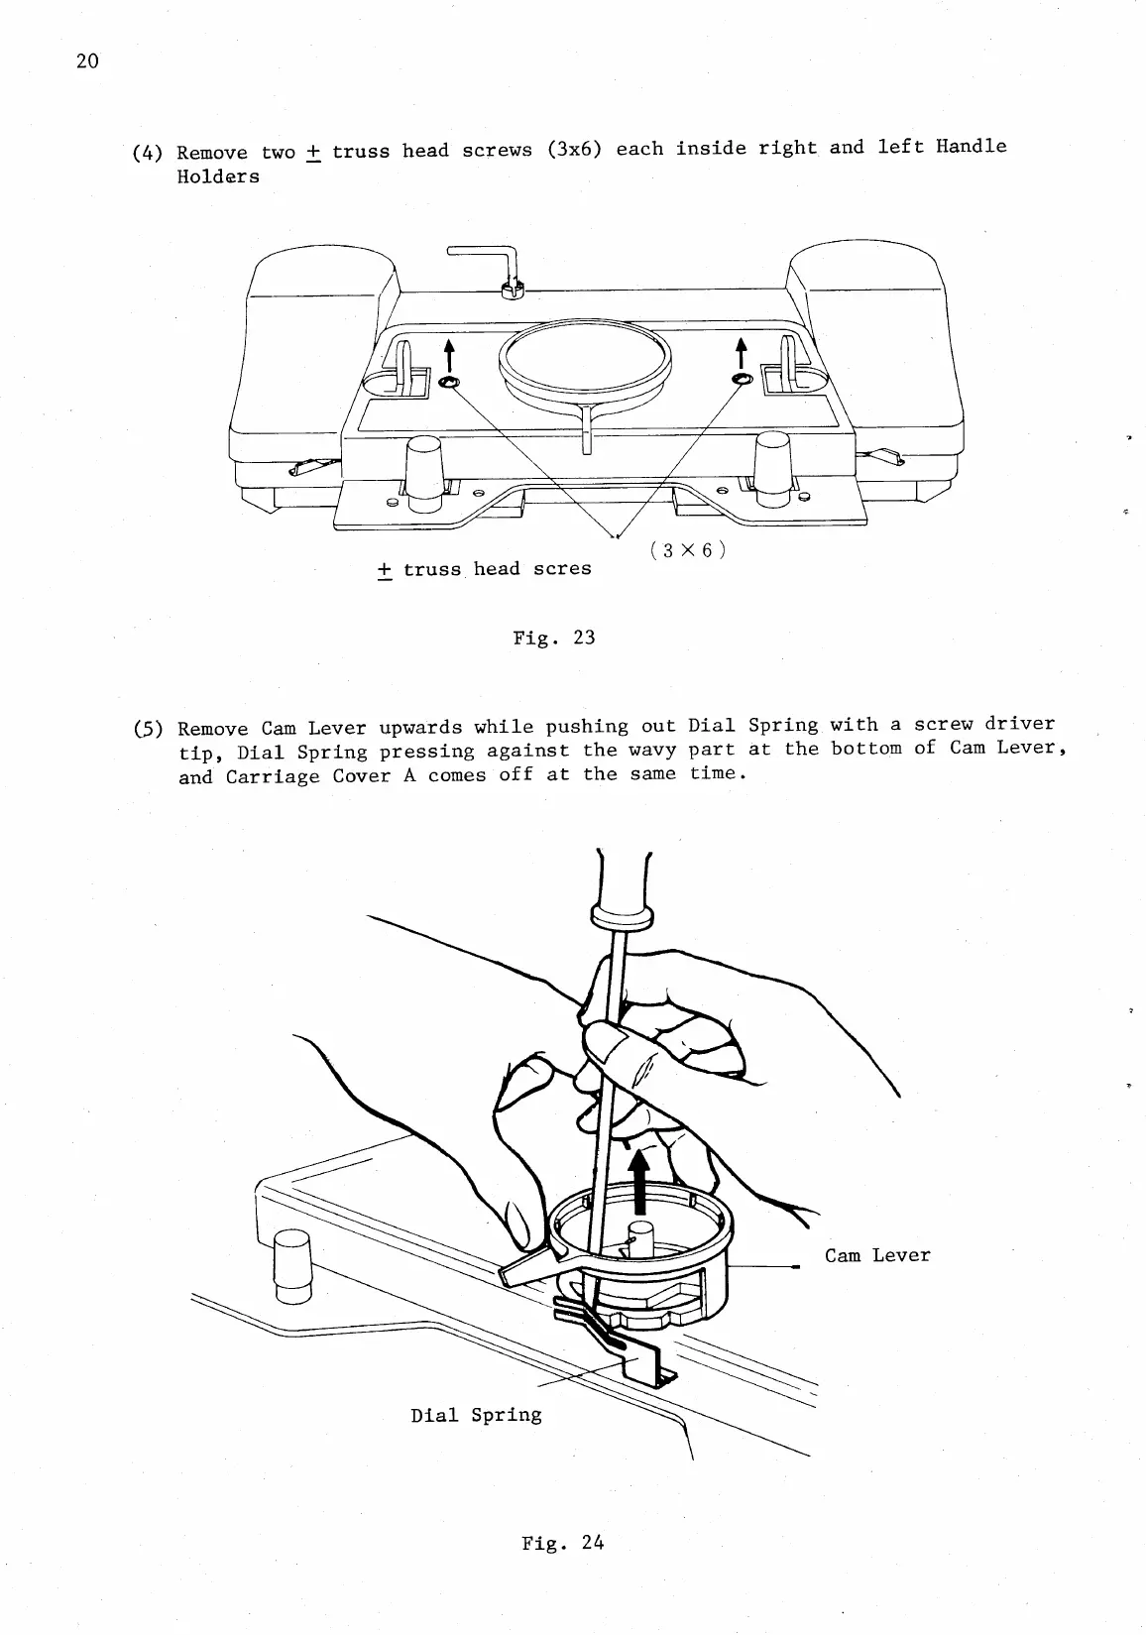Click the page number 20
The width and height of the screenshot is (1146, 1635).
tap(87, 61)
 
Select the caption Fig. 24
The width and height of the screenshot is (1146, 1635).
tap(562, 1543)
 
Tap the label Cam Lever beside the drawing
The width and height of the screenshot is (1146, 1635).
tap(877, 1255)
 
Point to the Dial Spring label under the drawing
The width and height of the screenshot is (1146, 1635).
tap(476, 1415)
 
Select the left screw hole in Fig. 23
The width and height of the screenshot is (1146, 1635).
tap(448, 384)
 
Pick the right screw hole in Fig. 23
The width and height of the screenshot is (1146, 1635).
tap(741, 381)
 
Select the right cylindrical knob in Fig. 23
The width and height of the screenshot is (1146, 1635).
tap(772, 469)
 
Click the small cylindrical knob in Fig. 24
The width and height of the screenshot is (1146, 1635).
tap(292, 1264)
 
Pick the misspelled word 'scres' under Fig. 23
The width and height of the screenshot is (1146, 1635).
tap(562, 569)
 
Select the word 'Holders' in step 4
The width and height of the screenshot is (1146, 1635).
tap(218, 177)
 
